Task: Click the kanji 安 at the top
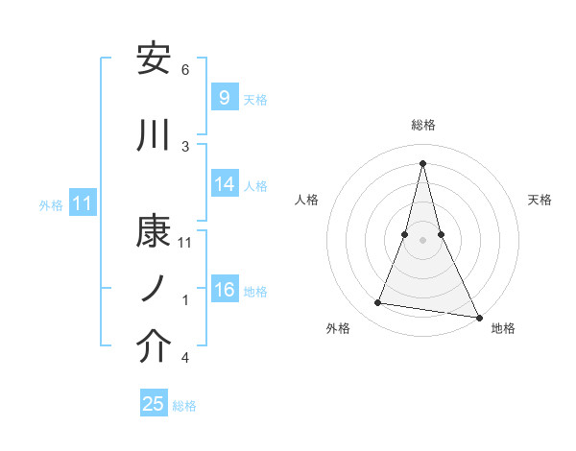pos(155,59)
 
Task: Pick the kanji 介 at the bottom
pos(155,347)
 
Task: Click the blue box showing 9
pos(224,97)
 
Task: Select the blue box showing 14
pos(224,185)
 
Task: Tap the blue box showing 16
pos(224,291)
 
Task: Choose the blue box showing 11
pos(82,203)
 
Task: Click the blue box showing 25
pos(154,404)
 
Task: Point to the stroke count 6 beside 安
pos(185,70)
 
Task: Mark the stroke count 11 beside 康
pos(185,242)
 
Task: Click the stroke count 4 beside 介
pos(185,358)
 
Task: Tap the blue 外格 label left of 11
pos(51,204)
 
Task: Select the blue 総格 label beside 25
pos(184,405)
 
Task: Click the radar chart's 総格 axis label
pos(423,125)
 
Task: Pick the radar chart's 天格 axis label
pos(540,200)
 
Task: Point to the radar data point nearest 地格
pos(478,316)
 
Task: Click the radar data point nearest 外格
pos(378,303)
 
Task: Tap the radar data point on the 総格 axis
pos(423,163)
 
